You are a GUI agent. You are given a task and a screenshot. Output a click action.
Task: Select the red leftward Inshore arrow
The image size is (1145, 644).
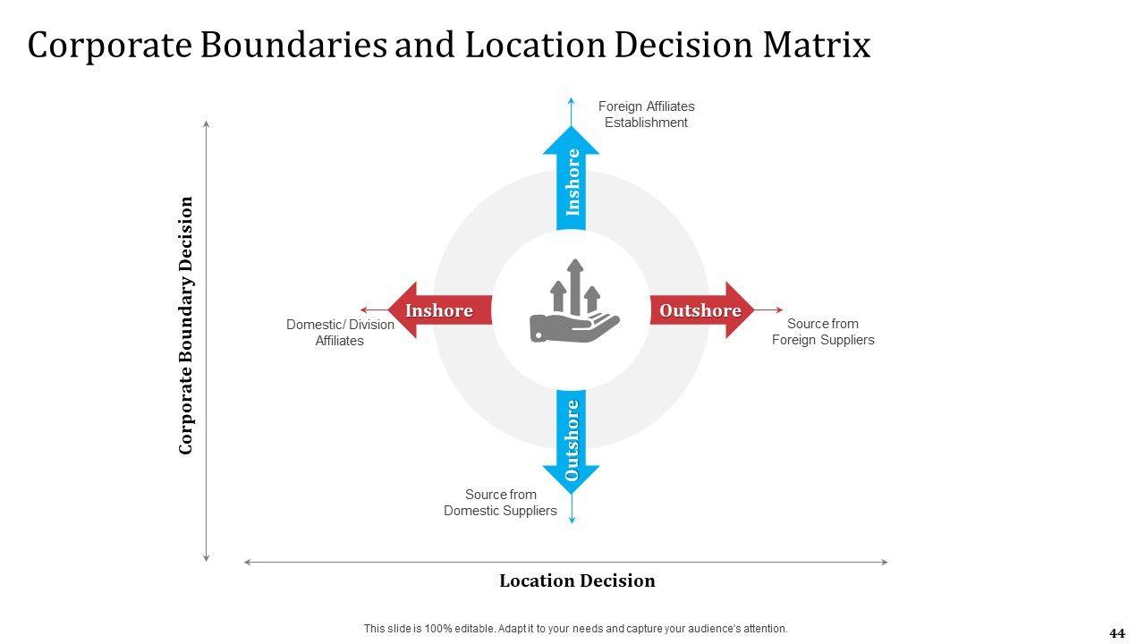(x=438, y=310)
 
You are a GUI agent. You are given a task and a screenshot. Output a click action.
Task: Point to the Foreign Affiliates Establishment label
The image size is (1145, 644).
(x=646, y=114)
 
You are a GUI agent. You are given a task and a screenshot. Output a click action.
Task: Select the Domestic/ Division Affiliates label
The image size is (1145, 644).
(x=340, y=333)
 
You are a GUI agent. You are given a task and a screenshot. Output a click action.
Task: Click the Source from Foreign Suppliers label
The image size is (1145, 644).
(x=823, y=332)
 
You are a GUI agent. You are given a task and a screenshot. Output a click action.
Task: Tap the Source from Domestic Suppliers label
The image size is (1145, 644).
(x=500, y=503)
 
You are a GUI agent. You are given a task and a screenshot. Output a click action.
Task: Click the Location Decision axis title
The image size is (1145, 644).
(x=577, y=580)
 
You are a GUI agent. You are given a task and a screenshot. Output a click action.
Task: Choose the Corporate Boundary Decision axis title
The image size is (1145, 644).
(x=186, y=326)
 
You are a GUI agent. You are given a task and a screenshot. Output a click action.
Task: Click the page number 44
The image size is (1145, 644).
(x=1117, y=633)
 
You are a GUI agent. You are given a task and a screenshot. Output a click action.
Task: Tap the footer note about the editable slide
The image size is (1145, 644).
(x=575, y=629)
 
